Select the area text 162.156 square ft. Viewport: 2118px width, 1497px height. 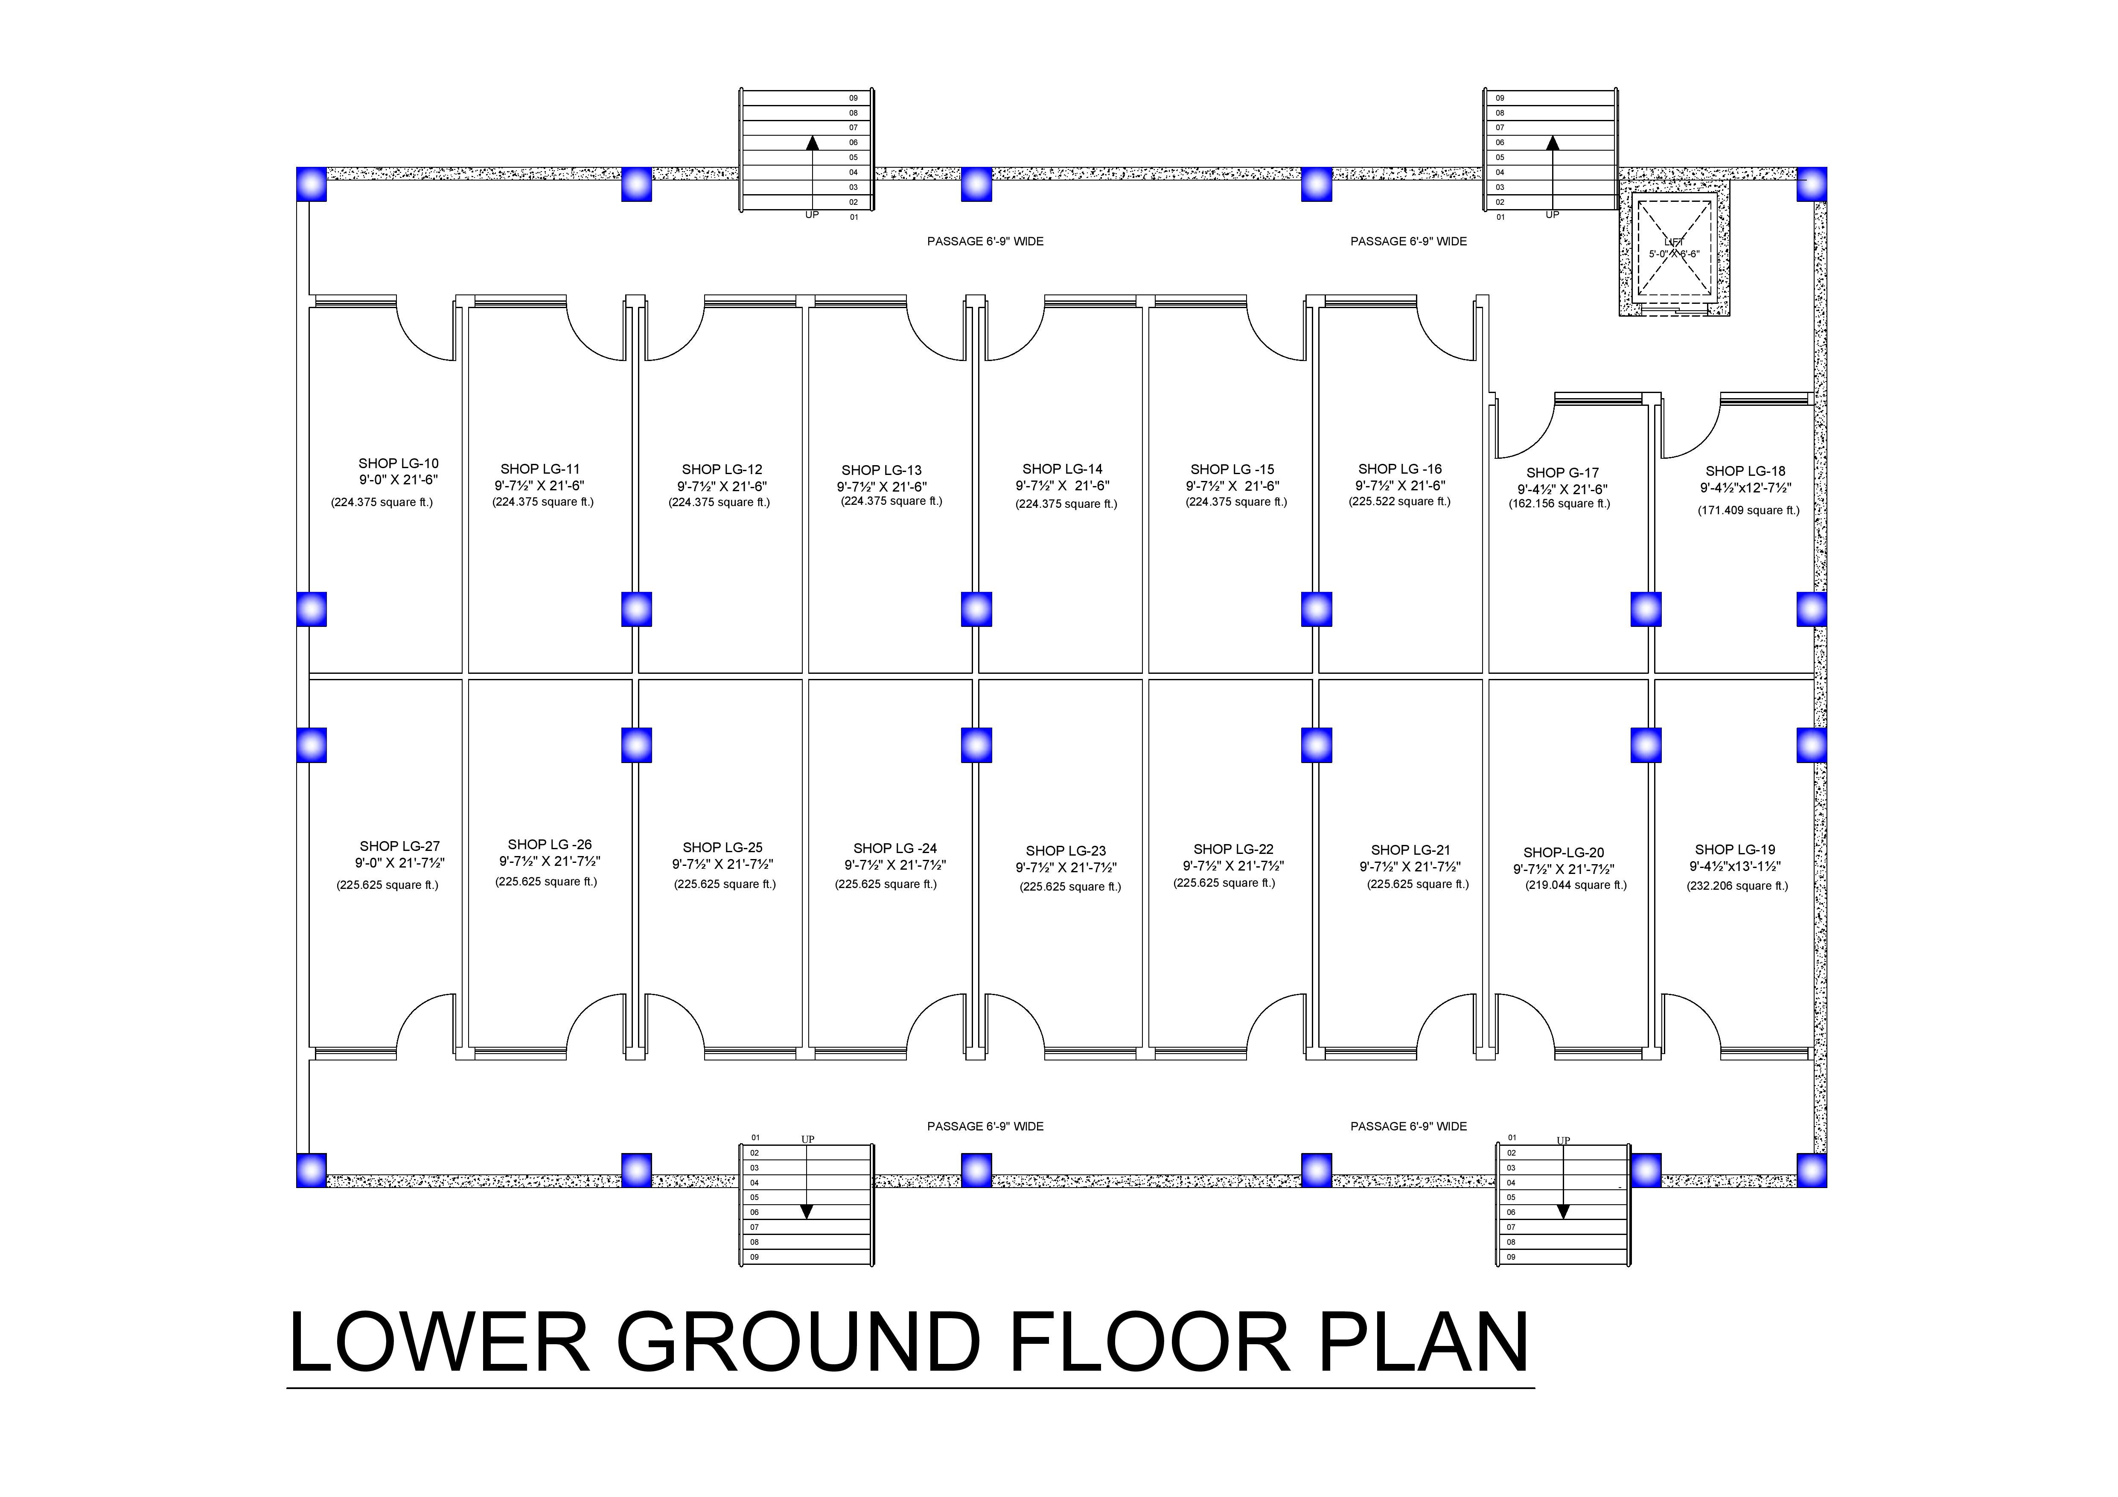[1559, 504]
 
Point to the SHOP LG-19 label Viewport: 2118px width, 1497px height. [1734, 850]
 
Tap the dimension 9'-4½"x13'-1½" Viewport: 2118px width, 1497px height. [1734, 867]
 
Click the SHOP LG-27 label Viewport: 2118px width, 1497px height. [399, 846]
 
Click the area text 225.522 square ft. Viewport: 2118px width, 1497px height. [1399, 502]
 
